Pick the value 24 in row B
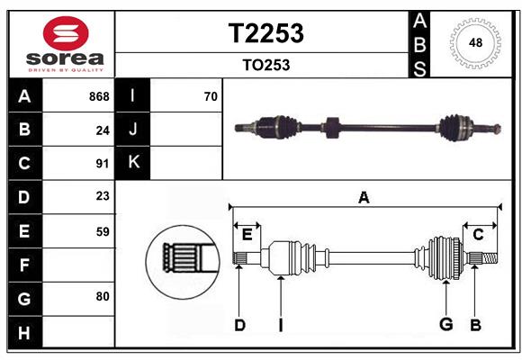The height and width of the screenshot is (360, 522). pos(103,130)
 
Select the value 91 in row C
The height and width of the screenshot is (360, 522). pos(103,164)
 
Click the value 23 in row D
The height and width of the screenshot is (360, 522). pos(103,195)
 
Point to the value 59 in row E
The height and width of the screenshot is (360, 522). pos(103,231)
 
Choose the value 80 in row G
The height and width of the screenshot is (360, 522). pos(103,295)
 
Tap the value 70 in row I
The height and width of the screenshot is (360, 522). pos(211,96)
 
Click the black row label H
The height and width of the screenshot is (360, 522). pos(24,332)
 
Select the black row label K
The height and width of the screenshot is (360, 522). pos(133,163)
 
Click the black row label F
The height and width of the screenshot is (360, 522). pos(24,265)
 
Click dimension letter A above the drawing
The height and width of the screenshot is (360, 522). pos(364,197)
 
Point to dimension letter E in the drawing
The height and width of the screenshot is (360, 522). pos(247,235)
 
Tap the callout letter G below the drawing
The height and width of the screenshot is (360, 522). pos(445,324)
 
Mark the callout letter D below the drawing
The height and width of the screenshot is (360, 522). pos(239,325)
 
